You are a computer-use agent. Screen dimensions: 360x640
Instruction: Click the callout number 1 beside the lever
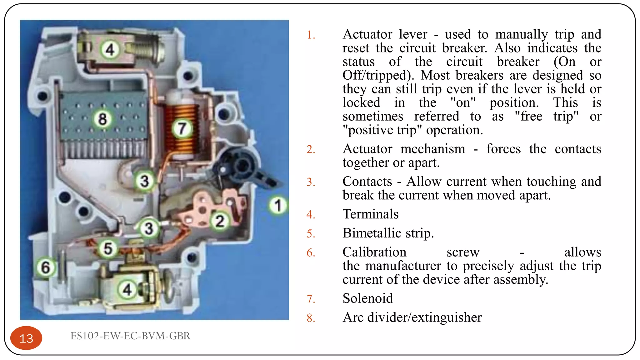click(277, 205)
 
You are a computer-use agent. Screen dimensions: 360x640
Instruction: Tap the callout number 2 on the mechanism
click(220, 221)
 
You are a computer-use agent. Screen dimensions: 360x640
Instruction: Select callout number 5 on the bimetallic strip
click(108, 248)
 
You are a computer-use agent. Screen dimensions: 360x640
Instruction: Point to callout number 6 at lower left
click(46, 267)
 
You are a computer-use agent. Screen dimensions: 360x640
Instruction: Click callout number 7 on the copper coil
click(182, 128)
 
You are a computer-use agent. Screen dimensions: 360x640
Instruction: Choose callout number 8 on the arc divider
click(102, 119)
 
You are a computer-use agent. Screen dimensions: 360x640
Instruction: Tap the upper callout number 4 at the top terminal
click(110, 49)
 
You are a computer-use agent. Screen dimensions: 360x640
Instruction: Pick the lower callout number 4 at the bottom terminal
click(127, 289)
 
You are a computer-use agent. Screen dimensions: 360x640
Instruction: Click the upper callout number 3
click(144, 181)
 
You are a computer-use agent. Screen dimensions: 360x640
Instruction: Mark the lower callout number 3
click(149, 228)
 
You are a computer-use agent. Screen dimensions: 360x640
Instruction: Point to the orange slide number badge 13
click(26, 338)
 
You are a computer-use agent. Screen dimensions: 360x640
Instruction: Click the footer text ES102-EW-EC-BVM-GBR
click(130, 336)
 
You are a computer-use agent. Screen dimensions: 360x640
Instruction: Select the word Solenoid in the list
click(367, 298)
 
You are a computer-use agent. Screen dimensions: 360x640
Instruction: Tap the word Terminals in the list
click(370, 214)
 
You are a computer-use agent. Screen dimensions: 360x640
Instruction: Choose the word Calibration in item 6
click(374, 252)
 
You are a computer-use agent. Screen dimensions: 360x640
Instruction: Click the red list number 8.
click(311, 318)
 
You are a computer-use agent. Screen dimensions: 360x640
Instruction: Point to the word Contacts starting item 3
click(367, 182)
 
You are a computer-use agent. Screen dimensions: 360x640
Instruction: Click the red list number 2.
click(311, 149)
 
